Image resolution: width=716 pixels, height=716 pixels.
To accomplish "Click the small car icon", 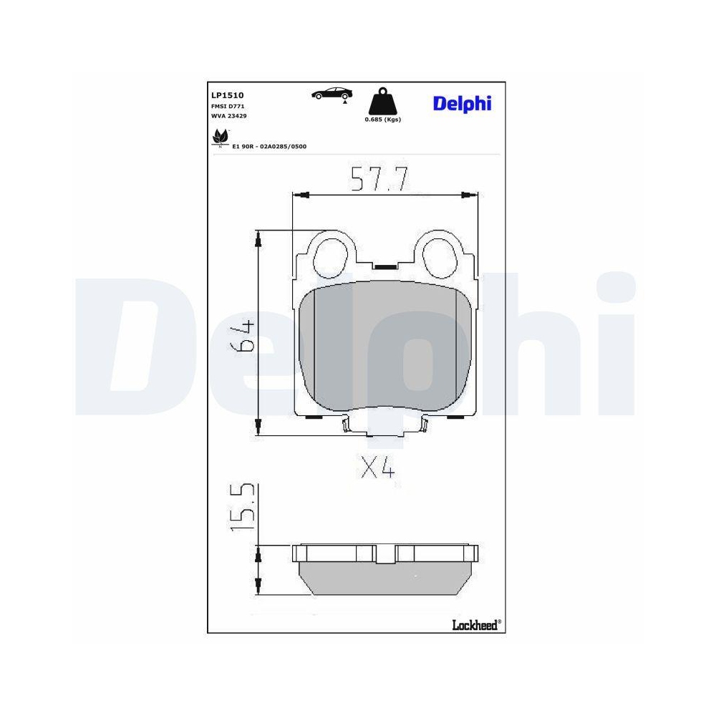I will point(332,93).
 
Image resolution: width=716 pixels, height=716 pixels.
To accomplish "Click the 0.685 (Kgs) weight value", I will point(382,120).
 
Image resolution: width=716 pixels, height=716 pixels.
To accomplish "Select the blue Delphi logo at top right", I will point(462,104).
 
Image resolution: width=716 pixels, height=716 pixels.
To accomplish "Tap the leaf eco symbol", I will point(220,136).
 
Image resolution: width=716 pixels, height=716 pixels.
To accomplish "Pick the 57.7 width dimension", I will point(379,179).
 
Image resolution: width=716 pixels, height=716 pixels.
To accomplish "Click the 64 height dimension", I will point(243,335).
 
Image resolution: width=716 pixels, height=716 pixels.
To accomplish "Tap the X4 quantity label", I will point(377,468).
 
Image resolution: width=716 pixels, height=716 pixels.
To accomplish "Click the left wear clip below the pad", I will point(345,425).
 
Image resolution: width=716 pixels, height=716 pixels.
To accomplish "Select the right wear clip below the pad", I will point(425,425).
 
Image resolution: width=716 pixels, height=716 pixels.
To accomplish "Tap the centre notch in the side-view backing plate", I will point(386,553).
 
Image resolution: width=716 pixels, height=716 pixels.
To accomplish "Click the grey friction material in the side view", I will point(386,580).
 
